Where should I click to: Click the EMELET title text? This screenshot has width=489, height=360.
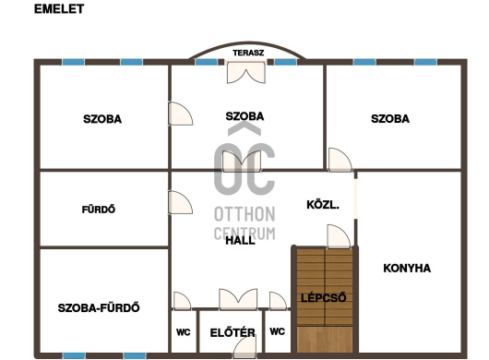click(x=59, y=8)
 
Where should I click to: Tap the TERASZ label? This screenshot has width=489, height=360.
click(x=248, y=53)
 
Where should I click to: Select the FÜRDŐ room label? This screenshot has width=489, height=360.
click(x=99, y=209)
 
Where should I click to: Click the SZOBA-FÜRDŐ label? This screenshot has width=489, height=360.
click(x=99, y=307)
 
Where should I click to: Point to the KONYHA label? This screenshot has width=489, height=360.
click(x=407, y=268)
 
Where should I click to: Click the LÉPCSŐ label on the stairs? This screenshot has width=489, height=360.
click(x=324, y=297)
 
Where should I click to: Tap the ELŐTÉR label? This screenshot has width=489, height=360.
click(x=233, y=332)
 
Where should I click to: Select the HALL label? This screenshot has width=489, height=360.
click(x=240, y=240)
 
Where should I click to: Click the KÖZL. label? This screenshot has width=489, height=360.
click(x=323, y=205)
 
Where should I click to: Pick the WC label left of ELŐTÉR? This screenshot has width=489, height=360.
click(x=183, y=332)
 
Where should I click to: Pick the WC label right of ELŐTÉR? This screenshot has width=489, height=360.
click(x=277, y=331)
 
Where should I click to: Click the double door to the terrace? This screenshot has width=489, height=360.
click(x=246, y=72)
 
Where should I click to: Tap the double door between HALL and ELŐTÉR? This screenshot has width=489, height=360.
click(x=238, y=299)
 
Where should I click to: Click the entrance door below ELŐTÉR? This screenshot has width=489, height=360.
click(x=245, y=347)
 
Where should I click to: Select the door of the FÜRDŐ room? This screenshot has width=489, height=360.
click(x=180, y=202)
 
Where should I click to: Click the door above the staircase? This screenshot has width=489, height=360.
click(x=339, y=236)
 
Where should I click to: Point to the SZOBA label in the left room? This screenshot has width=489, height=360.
click(x=102, y=119)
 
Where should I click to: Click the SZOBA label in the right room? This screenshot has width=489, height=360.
click(x=390, y=118)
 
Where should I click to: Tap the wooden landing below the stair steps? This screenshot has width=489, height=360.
click(x=325, y=340)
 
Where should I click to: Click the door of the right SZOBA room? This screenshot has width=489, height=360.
click(x=340, y=160)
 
